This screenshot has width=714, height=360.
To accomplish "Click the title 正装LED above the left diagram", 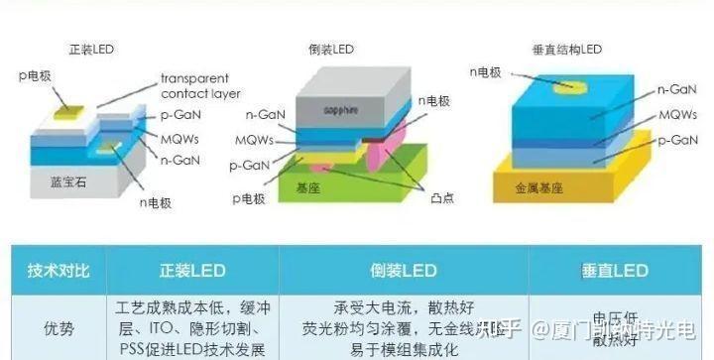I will click(91, 49).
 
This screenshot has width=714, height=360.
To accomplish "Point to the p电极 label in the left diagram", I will click(36, 74).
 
